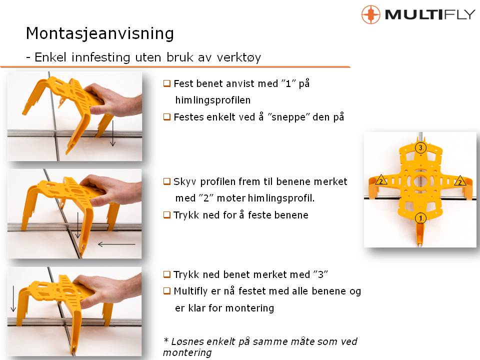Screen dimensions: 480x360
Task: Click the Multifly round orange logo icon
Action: click(x=370, y=14)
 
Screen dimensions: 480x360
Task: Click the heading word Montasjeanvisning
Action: click(x=100, y=33)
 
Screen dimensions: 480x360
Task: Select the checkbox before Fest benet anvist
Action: click(x=166, y=83)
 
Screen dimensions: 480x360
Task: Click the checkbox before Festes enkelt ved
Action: click(x=166, y=117)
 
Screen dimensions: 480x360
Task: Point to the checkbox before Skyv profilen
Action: click(x=166, y=181)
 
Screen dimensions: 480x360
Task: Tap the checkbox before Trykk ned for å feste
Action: click(x=166, y=215)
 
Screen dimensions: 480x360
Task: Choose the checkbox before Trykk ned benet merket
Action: click(x=166, y=274)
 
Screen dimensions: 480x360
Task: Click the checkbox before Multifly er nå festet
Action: click(x=166, y=291)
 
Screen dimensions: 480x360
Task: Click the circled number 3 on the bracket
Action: click(x=420, y=148)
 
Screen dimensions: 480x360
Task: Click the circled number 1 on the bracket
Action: click(x=420, y=218)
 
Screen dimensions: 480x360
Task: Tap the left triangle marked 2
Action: click(x=381, y=180)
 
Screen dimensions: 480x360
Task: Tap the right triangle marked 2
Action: click(x=460, y=181)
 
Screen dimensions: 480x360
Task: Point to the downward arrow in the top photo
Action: click(x=113, y=133)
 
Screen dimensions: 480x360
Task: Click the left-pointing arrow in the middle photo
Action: click(x=116, y=244)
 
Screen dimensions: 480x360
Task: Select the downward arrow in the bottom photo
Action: click(x=13, y=299)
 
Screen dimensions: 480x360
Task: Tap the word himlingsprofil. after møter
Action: click(x=281, y=198)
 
